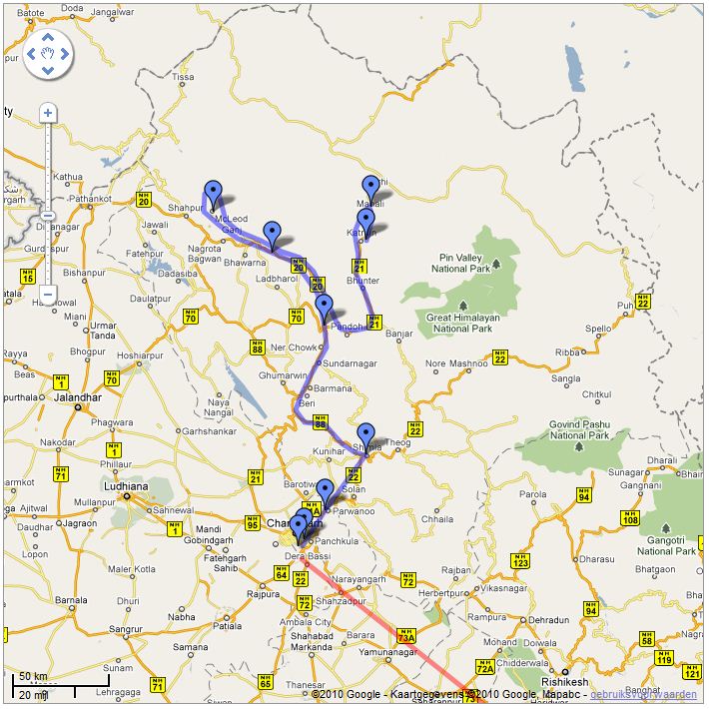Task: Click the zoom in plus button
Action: pyautogui.click(x=47, y=113)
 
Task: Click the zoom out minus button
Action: pyautogui.click(x=47, y=296)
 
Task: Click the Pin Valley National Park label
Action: pyautogui.click(x=461, y=263)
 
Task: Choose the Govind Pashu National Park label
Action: pyautogui.click(x=580, y=430)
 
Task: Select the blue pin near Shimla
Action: pyautogui.click(x=366, y=436)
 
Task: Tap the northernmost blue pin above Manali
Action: pyautogui.click(x=371, y=187)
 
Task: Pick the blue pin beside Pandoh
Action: pyautogui.click(x=324, y=307)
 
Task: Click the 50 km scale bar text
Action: pyautogui.click(x=33, y=678)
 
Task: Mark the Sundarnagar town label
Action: pyautogui.click(x=350, y=364)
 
